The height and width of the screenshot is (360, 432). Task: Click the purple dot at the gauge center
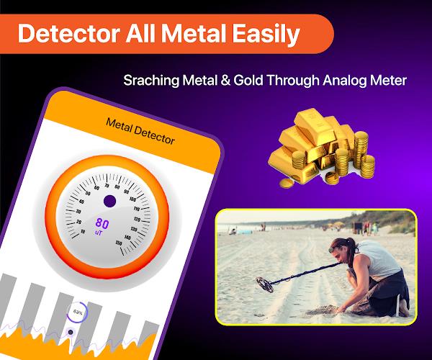[x=109, y=202]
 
